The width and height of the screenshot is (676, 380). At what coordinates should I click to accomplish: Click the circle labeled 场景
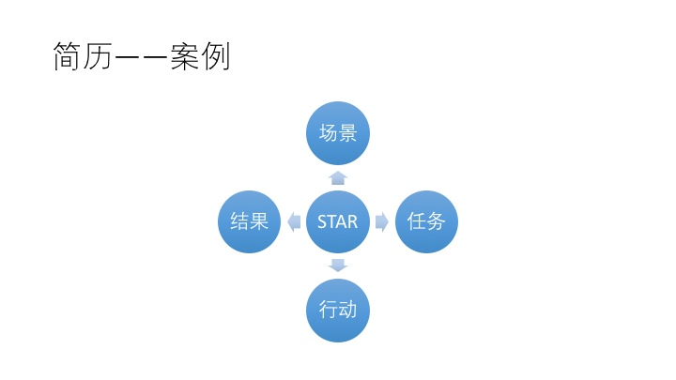[338, 132]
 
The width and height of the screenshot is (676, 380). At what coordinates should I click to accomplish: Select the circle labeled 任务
[426, 221]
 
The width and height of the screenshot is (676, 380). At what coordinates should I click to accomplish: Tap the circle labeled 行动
[338, 311]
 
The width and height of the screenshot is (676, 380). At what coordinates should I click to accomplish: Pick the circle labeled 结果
[249, 221]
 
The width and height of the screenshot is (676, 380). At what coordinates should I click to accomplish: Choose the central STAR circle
[338, 221]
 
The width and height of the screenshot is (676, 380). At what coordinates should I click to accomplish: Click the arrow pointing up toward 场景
[338, 177]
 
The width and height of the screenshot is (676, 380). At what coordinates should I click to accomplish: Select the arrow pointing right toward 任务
[382, 221]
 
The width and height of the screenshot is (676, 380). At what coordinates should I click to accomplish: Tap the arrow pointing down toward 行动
[338, 266]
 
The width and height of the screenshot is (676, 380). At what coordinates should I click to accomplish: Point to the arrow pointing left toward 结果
[294, 221]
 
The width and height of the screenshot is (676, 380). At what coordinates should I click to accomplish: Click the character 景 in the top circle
[347, 132]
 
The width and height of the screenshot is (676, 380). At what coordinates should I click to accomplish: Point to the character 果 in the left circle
[259, 221]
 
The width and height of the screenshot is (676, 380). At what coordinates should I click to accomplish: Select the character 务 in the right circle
[437, 221]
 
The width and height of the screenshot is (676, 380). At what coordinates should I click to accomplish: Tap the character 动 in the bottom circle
[348, 311]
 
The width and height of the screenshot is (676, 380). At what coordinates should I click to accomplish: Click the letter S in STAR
[322, 222]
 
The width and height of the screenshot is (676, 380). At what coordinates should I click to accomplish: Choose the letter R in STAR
[352, 222]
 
